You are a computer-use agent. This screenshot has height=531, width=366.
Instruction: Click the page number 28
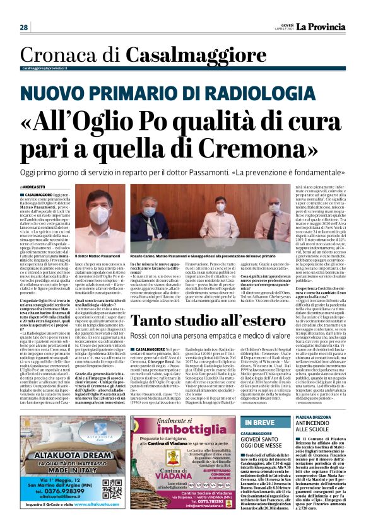pos(24,27)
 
